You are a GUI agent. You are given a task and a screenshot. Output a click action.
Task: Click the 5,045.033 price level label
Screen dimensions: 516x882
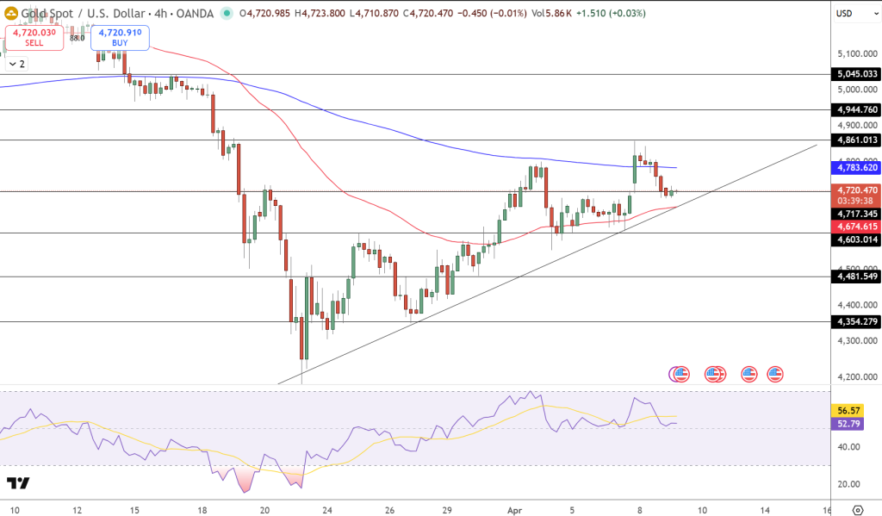(x=856, y=74)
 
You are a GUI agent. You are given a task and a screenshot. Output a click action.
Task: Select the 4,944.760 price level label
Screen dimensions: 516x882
(x=856, y=109)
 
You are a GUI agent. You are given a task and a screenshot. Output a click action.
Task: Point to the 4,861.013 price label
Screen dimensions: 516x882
(x=856, y=140)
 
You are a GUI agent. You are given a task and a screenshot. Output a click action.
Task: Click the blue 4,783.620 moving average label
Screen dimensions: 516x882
(x=856, y=167)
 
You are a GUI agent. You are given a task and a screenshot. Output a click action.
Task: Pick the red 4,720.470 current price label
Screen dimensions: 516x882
(x=856, y=190)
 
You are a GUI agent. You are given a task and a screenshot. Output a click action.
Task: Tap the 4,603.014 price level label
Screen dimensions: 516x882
(x=856, y=240)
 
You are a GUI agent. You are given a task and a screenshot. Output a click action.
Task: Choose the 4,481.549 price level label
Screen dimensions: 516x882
(x=856, y=277)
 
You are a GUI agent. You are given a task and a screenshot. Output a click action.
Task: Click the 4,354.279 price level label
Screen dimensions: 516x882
(x=856, y=321)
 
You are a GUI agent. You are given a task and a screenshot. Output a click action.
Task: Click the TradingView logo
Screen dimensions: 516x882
(x=18, y=483)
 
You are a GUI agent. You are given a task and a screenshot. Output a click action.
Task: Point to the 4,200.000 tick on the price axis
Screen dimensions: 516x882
(x=856, y=377)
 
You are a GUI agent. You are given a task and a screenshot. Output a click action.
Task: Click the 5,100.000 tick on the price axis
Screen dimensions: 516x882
(x=856, y=53)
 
